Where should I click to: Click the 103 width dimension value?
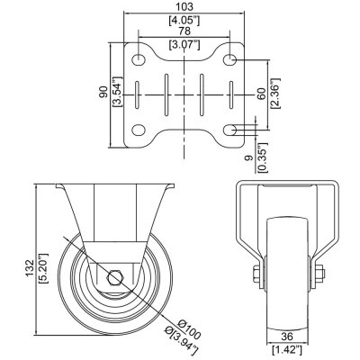(x=184, y=8)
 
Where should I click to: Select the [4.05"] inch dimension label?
(x=184, y=20)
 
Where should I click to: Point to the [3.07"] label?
(x=184, y=44)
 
